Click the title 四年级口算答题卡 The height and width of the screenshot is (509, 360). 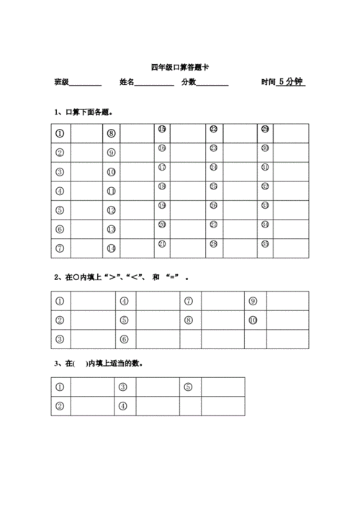(x=180, y=66)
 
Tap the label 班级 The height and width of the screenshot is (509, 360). (x=61, y=83)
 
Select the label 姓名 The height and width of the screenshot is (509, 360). (x=127, y=83)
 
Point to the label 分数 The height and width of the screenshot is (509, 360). (x=189, y=83)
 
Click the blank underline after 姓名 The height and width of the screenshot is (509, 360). (x=154, y=84)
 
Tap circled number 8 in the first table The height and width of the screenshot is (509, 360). (x=111, y=133)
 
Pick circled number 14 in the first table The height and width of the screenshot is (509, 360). (x=111, y=248)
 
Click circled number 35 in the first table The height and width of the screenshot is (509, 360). (x=265, y=244)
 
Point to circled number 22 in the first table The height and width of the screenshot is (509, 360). (x=213, y=129)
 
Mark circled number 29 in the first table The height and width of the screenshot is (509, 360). (x=265, y=129)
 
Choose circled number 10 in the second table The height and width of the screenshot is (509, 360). (x=253, y=320)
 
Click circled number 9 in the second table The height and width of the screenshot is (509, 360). (x=253, y=301)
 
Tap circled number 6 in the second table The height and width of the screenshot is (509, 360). (x=124, y=339)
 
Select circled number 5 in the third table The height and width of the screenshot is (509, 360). (x=188, y=387)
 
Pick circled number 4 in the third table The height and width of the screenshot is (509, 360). (x=123, y=406)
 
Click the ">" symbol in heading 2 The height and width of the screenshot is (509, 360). (x=112, y=277)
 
